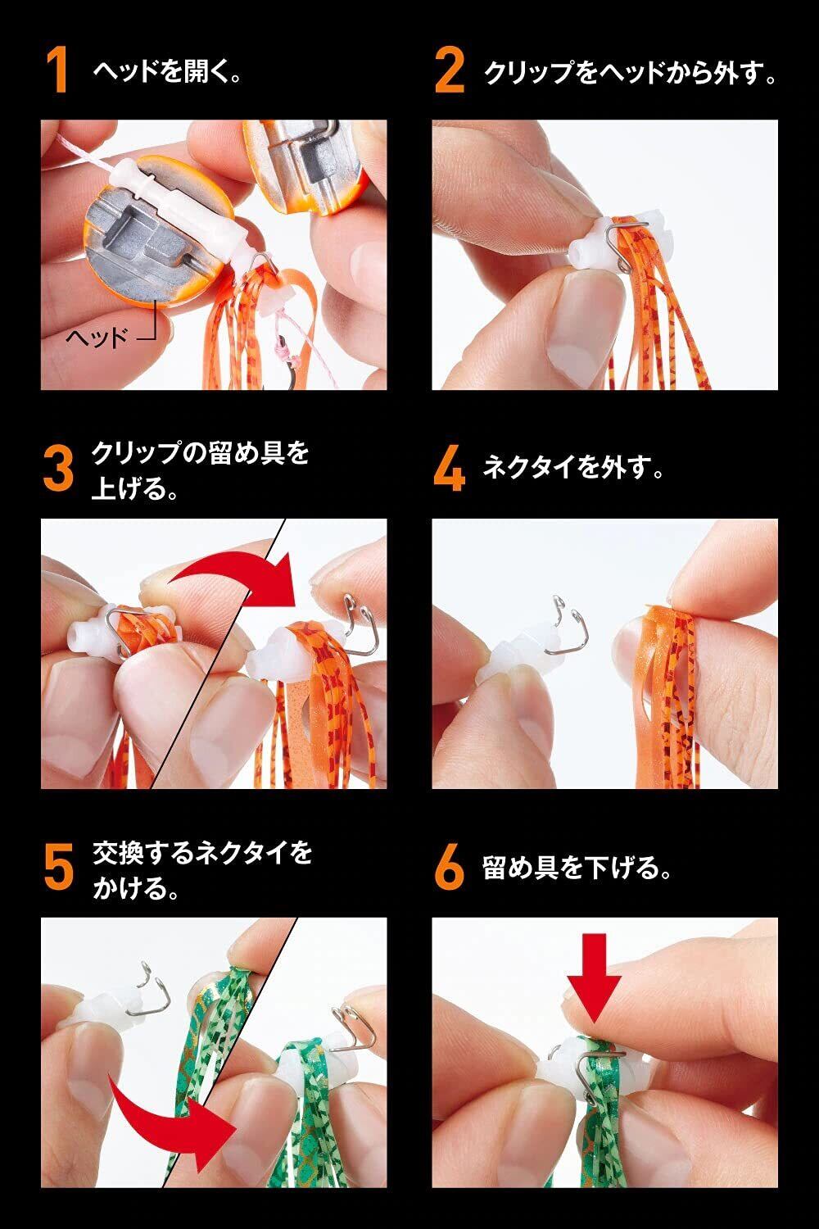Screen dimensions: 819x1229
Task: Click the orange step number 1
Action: tap(57, 70)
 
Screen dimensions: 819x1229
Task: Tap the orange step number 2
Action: tap(450, 70)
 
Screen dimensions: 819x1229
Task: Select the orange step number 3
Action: tap(58, 469)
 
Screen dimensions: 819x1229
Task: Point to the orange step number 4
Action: tap(450, 469)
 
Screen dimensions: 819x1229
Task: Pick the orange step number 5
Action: tap(58, 868)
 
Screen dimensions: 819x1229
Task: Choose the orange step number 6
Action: tap(450, 868)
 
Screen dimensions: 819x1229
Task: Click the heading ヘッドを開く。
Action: tap(167, 71)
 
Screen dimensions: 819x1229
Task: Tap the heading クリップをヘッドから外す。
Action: tap(631, 71)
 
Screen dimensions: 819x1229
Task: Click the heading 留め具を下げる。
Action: tap(577, 868)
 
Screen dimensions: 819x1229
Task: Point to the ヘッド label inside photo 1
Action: tap(97, 336)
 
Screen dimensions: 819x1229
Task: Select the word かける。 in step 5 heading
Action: tap(135, 887)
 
